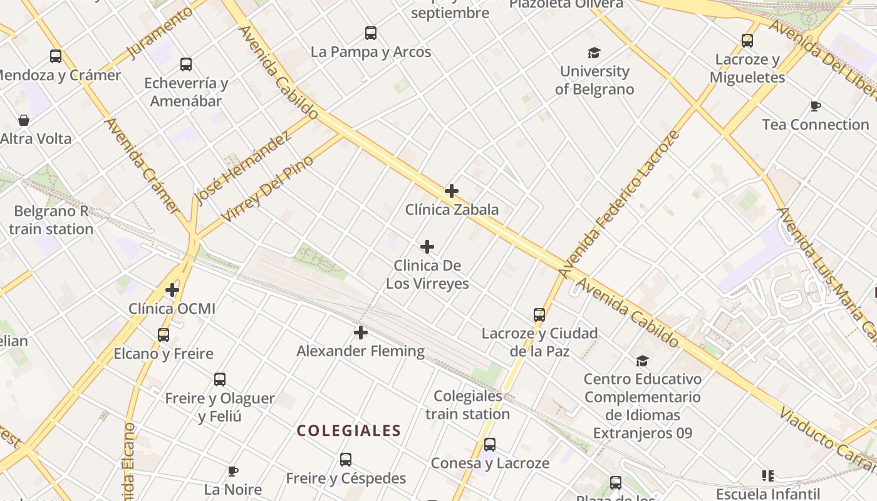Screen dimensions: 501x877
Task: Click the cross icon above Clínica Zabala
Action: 452,191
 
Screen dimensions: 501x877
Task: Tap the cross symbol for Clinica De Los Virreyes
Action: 427,247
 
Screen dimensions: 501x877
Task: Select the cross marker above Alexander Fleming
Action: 361,333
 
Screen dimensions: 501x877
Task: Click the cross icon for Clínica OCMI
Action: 172,290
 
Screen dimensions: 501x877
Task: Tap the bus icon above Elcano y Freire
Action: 163,335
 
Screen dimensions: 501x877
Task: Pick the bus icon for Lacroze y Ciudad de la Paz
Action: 539,314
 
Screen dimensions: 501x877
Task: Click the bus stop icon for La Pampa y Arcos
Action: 371,33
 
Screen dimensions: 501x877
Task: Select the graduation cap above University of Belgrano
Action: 594,53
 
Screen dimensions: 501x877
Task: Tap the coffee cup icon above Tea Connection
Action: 815,106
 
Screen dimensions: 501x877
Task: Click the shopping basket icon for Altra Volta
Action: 24,120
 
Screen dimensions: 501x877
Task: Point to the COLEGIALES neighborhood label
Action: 349,431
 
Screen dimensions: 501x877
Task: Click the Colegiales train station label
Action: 467,405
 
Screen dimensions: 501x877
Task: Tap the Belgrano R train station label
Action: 51,220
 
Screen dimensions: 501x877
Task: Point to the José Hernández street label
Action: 242,168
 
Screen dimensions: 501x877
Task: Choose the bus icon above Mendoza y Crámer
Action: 56,56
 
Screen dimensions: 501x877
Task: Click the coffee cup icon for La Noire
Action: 233,471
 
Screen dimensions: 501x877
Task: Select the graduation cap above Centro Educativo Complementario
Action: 642,361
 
